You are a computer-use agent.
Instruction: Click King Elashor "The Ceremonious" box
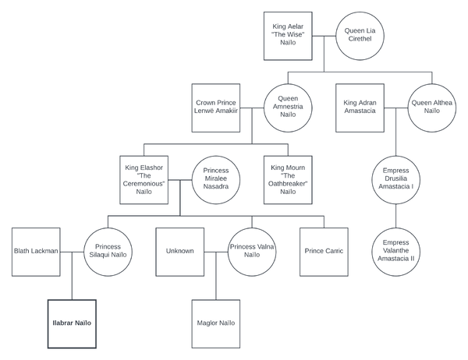click(144, 180)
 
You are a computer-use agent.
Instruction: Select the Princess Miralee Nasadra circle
click(216, 180)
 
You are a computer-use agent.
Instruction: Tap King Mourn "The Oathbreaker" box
click(288, 180)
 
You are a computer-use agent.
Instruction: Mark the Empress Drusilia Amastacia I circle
click(397, 180)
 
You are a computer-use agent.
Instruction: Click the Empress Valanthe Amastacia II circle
click(397, 252)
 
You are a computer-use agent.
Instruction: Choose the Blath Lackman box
click(37, 251)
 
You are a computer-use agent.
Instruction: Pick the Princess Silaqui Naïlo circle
click(108, 251)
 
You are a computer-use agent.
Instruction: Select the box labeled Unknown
click(179, 251)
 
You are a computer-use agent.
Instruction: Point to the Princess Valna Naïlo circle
click(251, 251)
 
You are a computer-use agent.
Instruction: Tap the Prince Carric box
click(324, 251)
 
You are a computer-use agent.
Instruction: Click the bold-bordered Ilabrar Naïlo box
click(72, 323)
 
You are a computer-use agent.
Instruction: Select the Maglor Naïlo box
click(216, 323)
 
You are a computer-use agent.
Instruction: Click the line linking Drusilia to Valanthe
click(397, 216)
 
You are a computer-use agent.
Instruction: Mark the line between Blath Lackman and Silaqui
click(73, 251)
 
